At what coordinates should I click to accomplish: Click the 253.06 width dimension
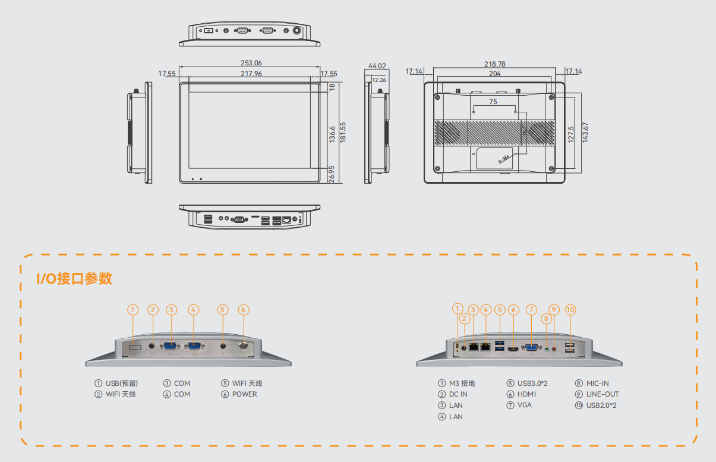click(251, 62)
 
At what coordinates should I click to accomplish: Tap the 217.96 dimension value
click(251, 74)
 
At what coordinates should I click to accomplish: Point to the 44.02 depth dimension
click(377, 65)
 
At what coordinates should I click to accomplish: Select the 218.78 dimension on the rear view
click(494, 64)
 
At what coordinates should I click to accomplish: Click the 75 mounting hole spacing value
click(493, 102)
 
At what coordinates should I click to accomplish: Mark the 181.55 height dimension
click(343, 133)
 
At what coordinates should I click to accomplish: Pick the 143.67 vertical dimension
click(585, 133)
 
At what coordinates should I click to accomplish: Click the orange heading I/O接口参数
click(74, 278)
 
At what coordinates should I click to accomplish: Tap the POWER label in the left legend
click(245, 394)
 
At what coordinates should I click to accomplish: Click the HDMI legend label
click(526, 394)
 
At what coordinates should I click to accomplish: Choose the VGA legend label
click(524, 405)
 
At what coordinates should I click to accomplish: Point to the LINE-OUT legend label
click(603, 394)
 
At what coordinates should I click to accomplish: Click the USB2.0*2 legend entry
click(601, 406)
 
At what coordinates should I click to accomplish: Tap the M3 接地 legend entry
click(462, 384)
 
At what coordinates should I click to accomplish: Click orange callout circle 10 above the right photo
click(570, 310)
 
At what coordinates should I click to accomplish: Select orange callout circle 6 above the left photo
click(244, 310)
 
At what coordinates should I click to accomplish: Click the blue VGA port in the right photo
click(531, 348)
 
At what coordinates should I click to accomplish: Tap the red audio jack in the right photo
click(554, 349)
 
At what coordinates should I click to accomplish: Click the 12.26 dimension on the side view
click(378, 80)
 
